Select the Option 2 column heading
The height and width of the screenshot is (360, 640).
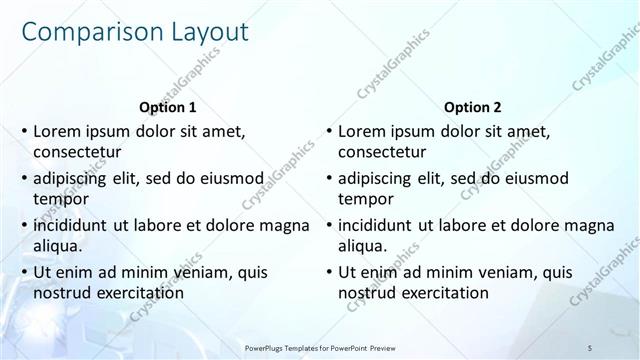click(473, 107)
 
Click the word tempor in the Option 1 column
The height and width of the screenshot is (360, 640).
click(59, 199)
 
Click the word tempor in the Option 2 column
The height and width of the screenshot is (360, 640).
click(366, 199)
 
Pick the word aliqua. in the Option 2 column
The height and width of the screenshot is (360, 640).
click(364, 246)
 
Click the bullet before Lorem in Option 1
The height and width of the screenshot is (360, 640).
click(23, 132)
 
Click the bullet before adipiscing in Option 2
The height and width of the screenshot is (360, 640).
click(329, 178)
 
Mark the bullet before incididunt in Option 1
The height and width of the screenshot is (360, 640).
click(23, 225)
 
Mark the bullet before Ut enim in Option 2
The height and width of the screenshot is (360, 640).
click(329, 272)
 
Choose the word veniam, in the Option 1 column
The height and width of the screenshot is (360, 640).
click(200, 272)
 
